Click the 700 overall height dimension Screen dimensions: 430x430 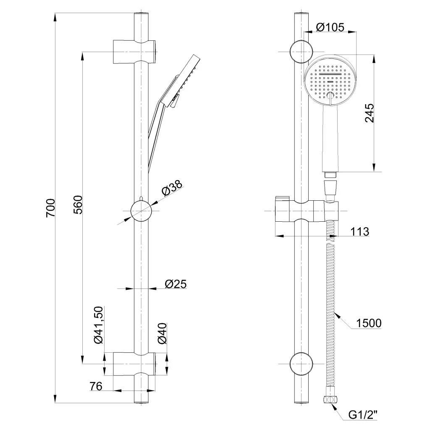pyautogui.click(x=50, y=207)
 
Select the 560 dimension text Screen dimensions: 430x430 pyautogui.click(x=78, y=205)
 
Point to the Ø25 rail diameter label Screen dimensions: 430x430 pyautogui.click(x=176, y=284)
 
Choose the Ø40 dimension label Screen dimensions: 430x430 pyautogui.click(x=163, y=333)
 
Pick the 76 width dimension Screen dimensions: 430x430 pyautogui.click(x=96, y=386)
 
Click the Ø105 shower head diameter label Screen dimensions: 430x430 pyautogui.click(x=330, y=28)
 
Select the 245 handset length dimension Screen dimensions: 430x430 pyautogui.click(x=370, y=113)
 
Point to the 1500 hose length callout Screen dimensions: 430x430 pyautogui.click(x=368, y=323)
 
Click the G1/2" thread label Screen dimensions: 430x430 pyautogui.click(x=363, y=415)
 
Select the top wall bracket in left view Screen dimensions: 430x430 pyautogui.click(x=135, y=52)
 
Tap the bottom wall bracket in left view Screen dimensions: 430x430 pyautogui.click(x=135, y=364)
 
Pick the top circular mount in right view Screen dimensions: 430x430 pyautogui.click(x=301, y=51)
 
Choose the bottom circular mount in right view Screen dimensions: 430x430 pyautogui.click(x=301, y=364)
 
